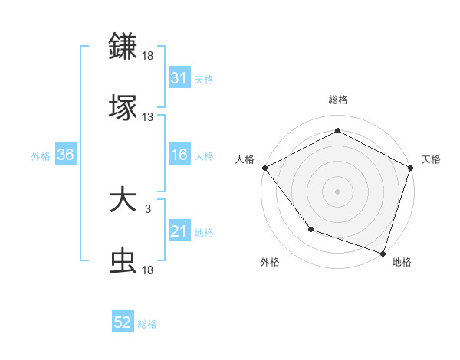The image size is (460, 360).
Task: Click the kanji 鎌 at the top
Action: click(123, 46)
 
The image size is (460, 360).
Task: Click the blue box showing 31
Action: click(179, 78)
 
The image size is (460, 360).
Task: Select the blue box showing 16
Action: click(179, 155)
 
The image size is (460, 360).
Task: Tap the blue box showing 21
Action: click(179, 231)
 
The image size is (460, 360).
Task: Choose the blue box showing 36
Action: click(65, 155)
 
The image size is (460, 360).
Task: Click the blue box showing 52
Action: click(123, 323)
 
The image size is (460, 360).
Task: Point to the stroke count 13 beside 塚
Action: click(148, 117)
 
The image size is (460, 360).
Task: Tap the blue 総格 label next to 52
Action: click(147, 324)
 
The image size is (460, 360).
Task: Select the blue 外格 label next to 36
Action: click(41, 155)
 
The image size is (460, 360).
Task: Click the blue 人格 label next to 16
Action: click(204, 155)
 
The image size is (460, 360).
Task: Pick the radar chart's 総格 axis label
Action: click(338, 100)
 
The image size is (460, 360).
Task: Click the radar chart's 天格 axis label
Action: click(431, 159)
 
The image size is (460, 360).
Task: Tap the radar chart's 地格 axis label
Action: click(402, 262)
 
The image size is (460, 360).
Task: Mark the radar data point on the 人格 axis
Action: click(264, 167)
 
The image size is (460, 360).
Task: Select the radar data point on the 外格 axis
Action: click(310, 229)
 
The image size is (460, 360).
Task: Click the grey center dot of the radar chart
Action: click(338, 191)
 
